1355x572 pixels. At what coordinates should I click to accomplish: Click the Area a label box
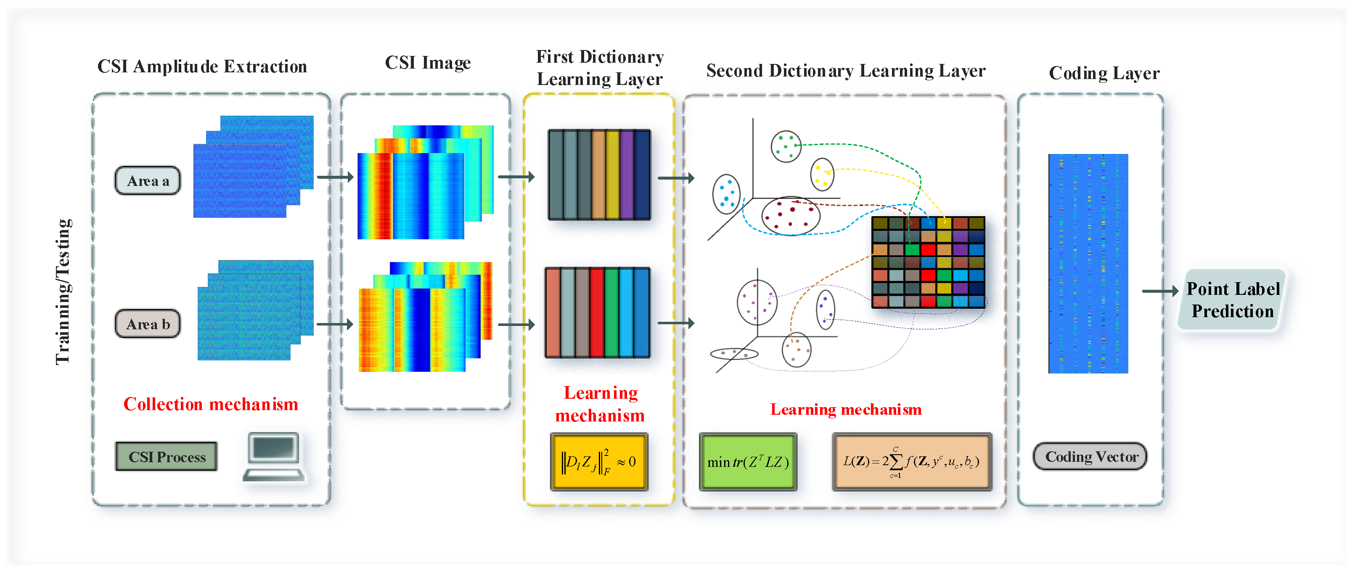coord(148,181)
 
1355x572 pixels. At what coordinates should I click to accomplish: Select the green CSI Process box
coord(166,457)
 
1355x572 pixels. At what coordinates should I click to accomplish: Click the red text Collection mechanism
coord(210,404)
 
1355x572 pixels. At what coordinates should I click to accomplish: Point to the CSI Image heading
coord(428,63)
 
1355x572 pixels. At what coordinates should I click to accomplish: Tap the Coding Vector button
coord(1090,457)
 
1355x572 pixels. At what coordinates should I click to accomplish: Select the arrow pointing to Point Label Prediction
coord(1159,291)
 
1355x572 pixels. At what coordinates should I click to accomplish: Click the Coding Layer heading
coord(1104,73)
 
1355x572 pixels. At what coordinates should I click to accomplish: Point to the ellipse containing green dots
coord(786,146)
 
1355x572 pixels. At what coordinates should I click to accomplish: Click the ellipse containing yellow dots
coord(822,174)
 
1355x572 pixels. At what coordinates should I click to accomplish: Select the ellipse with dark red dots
coord(791,216)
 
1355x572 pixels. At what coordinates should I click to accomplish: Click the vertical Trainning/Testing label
coord(63,291)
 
